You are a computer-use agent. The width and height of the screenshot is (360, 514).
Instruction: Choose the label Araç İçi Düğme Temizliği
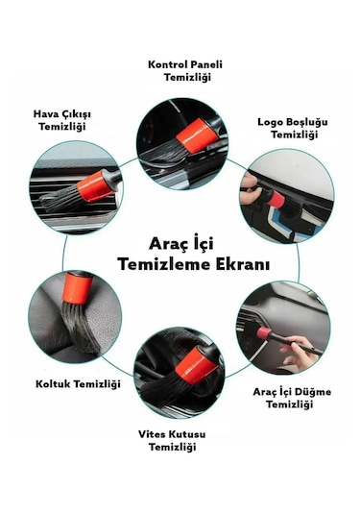(x=283, y=398)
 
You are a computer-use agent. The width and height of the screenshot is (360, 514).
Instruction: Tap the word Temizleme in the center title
(x=157, y=262)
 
